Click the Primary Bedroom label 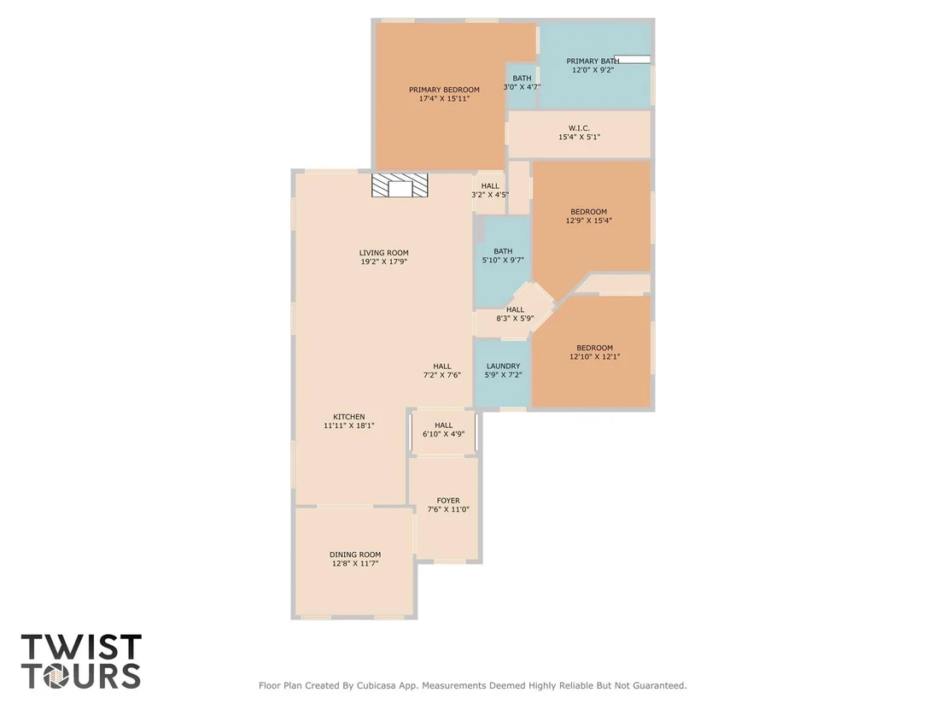coord(444,90)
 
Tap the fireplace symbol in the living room coord(400,185)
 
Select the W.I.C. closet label coord(579,128)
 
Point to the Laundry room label coord(503,366)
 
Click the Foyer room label coord(448,501)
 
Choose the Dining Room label coord(355,555)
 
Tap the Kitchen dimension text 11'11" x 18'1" coord(348,425)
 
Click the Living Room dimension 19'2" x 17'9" coord(383,262)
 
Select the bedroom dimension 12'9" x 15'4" coord(589,221)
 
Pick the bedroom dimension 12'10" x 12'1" coord(595,357)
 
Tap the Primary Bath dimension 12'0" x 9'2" coord(593,70)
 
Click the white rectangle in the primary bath coord(633,59)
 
